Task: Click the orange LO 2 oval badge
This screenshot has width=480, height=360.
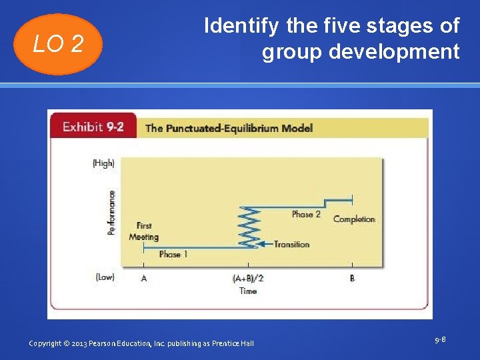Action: [x=58, y=44]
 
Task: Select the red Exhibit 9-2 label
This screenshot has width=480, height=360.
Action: [x=93, y=127]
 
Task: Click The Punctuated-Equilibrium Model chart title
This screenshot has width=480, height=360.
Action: [x=229, y=128]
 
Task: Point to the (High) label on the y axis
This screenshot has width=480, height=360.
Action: [x=103, y=163]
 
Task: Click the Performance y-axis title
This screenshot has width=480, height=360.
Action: [x=111, y=213]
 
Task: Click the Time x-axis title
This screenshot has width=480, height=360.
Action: [x=247, y=291]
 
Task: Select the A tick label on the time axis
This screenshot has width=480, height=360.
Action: [x=144, y=278]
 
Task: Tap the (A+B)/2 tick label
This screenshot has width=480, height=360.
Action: [x=247, y=278]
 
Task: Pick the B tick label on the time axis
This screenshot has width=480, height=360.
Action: [x=352, y=278]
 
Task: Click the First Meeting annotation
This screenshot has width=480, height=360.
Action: [x=143, y=231]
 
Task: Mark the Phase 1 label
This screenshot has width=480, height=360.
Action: [x=173, y=254]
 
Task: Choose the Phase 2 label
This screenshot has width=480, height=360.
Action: [x=306, y=214]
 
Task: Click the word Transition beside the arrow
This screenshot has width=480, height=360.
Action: [x=291, y=244]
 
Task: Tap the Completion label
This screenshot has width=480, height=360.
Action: [x=354, y=219]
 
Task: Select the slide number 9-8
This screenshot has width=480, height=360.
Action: [x=439, y=340]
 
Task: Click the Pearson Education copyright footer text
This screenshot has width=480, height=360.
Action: [x=141, y=343]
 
